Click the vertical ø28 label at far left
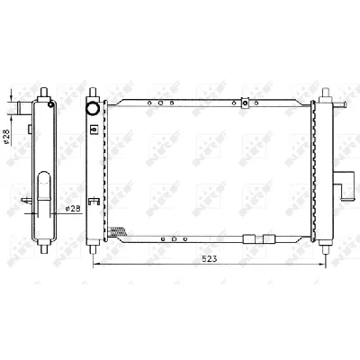point(7,136)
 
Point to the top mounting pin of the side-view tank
point(41,92)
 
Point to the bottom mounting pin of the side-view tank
point(42,251)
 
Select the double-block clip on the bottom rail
point(258,238)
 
